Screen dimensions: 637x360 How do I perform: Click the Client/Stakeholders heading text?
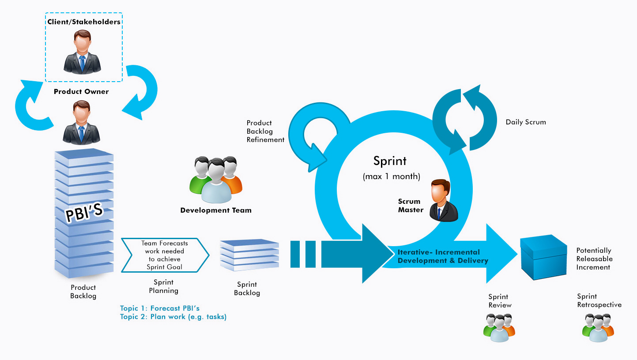click(84, 22)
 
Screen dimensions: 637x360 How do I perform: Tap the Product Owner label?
click(81, 91)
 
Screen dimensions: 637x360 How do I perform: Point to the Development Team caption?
click(216, 210)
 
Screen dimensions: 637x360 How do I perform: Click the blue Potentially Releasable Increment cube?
click(543, 257)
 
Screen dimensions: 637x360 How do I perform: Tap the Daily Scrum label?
click(526, 122)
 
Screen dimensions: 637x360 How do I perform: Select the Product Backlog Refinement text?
click(265, 131)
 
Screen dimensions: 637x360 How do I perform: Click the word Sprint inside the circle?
click(390, 161)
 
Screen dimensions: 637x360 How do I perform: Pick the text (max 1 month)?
click(391, 176)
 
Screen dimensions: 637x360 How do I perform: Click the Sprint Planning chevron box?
click(165, 255)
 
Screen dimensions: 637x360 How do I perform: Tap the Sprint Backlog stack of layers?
click(249, 255)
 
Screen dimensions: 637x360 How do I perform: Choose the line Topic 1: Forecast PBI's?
click(159, 308)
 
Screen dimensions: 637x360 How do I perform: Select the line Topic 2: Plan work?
click(173, 317)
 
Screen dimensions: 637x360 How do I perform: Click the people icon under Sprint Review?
click(499, 328)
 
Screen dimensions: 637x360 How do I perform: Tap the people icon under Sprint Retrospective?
click(598, 328)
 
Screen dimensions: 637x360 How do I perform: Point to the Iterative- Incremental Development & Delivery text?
click(443, 256)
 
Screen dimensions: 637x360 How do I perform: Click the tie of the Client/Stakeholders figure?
click(82, 63)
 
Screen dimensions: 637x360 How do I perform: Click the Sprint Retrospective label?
click(599, 300)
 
